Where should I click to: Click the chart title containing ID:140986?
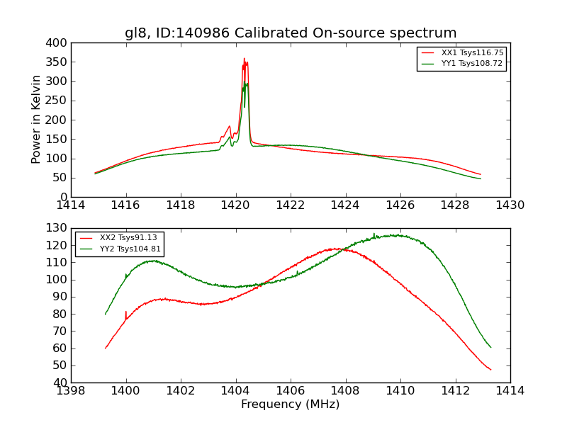pos(291,33)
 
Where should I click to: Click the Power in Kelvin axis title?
pos(36,119)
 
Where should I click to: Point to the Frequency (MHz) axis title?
pos(290,404)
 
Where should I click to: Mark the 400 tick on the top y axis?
pos(58,43)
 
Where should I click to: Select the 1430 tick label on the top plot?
pos(510,205)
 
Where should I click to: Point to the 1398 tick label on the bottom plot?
pos(71,391)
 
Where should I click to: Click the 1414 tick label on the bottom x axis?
pos(510,391)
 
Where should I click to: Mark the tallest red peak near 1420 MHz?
pos(244,59)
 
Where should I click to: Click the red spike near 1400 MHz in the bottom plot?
pos(126,312)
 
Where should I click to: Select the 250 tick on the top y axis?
pos(58,101)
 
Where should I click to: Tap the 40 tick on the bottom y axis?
pos(61,382)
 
